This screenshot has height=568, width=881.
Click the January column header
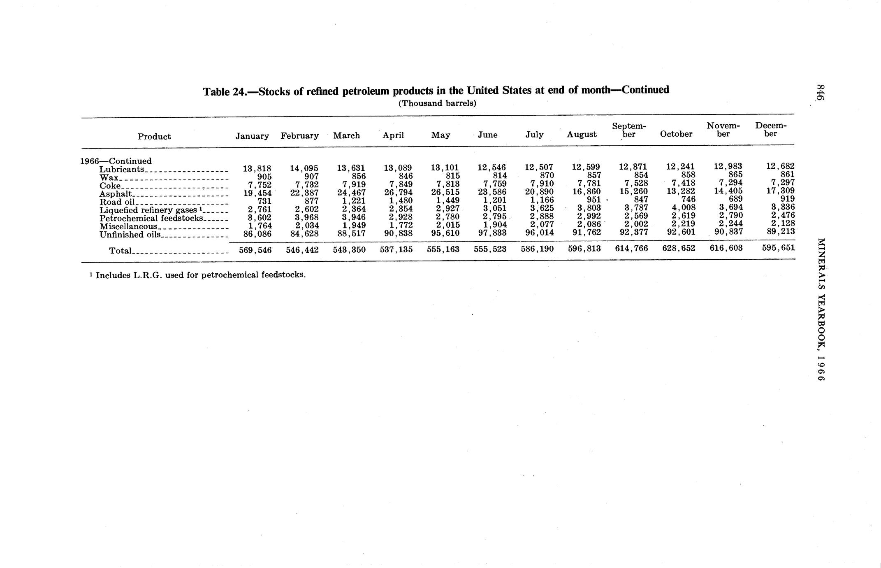click(x=252, y=136)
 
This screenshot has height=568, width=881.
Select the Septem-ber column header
click(x=629, y=130)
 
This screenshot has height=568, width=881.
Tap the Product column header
click(x=154, y=137)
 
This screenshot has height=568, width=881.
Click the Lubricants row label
click(x=122, y=169)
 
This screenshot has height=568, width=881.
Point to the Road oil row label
click(x=117, y=202)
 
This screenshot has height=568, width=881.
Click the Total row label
click(x=120, y=250)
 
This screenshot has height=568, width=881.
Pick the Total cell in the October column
click(x=679, y=248)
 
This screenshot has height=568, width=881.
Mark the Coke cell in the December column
click(x=783, y=182)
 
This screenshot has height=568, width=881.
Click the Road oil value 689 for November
click(x=735, y=199)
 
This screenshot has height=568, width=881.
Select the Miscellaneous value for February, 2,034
click(x=306, y=226)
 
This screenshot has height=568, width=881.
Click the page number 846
click(x=821, y=92)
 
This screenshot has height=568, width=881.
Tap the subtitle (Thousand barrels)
click(x=437, y=103)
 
